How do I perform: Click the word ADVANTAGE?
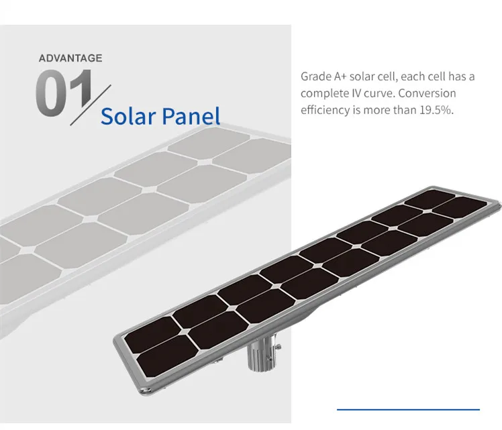pos(70,58)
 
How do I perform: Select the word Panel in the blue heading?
pos(191,116)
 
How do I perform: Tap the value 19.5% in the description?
pos(437,110)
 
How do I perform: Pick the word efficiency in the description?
pos(325,110)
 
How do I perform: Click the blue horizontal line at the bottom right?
pos(408,409)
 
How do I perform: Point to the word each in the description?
pos(417,76)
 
